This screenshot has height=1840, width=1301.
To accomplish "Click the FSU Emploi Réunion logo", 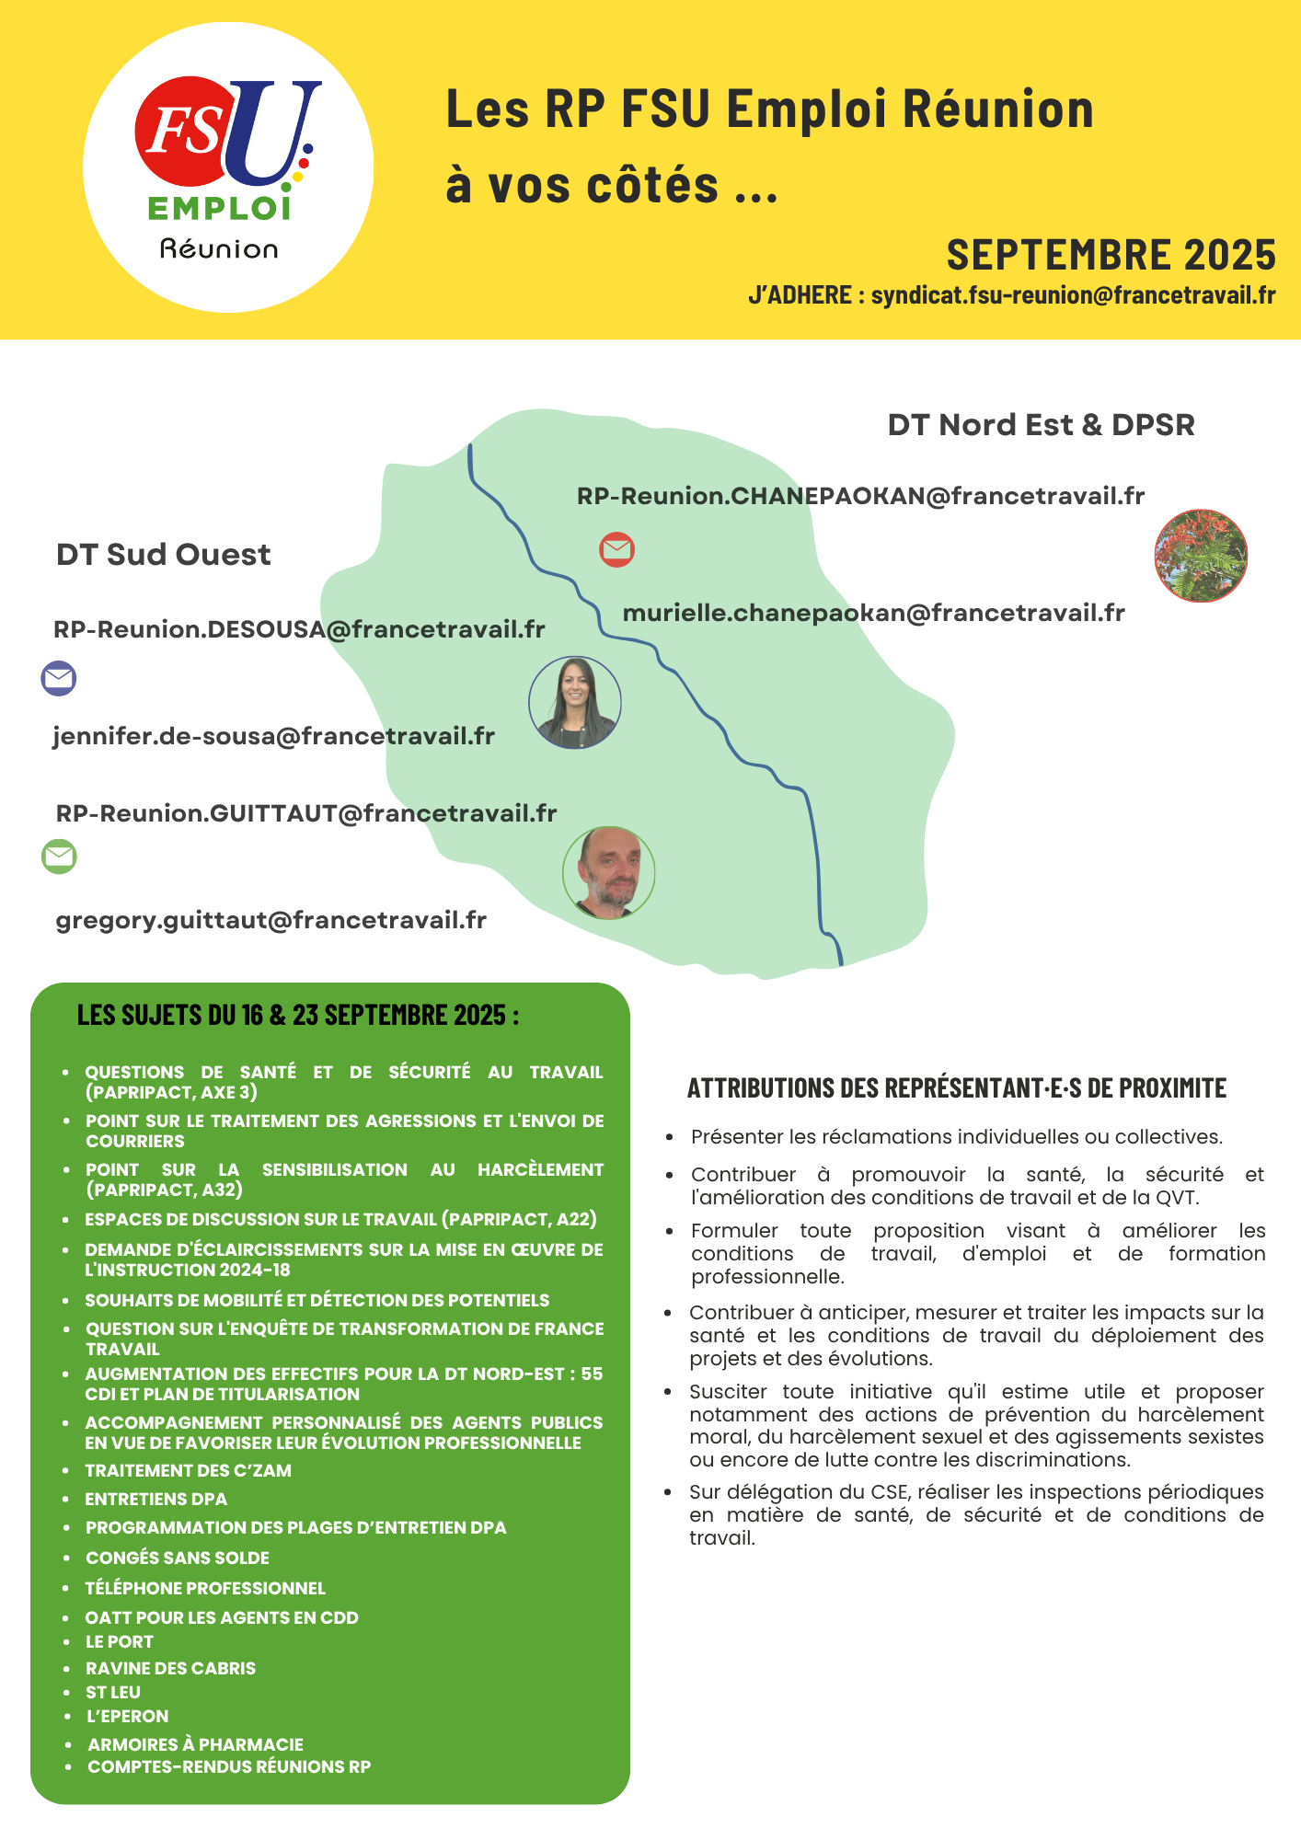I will pos(227,167).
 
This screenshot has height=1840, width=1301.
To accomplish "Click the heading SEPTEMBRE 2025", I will pos(1111,255).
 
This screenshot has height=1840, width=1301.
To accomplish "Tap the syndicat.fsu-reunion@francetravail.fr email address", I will pos(1073,295).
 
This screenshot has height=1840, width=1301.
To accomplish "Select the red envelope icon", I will pos(616,549).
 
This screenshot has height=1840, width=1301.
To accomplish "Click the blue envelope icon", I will pos(59,678).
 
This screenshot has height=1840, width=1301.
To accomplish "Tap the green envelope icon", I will pos(59,857).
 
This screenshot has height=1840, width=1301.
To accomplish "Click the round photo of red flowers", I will pos(1201,556).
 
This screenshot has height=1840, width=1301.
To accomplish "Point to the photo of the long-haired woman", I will pos(575,703).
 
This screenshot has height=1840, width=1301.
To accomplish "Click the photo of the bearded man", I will pos(608,872).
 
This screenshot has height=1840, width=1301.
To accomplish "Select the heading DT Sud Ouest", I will pos(164,555).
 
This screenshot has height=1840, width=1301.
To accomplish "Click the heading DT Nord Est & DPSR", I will pos(1041,425).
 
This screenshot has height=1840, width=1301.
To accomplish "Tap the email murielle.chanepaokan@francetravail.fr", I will pos(873,613).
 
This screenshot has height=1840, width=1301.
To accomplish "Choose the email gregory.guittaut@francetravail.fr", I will pos(271,920).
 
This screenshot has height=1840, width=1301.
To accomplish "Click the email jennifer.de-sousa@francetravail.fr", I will pos(274,736).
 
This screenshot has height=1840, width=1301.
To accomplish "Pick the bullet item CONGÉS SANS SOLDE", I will pos(178,1558).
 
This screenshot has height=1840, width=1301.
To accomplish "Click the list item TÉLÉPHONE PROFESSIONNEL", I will pos(205,1588).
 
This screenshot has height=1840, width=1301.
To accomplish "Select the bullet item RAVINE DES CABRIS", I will pos(170,1668).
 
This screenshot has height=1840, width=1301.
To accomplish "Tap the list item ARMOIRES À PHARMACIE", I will pos(195,1744).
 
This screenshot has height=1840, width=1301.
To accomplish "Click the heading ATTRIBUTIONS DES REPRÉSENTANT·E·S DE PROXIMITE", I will pos(957,1088).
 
